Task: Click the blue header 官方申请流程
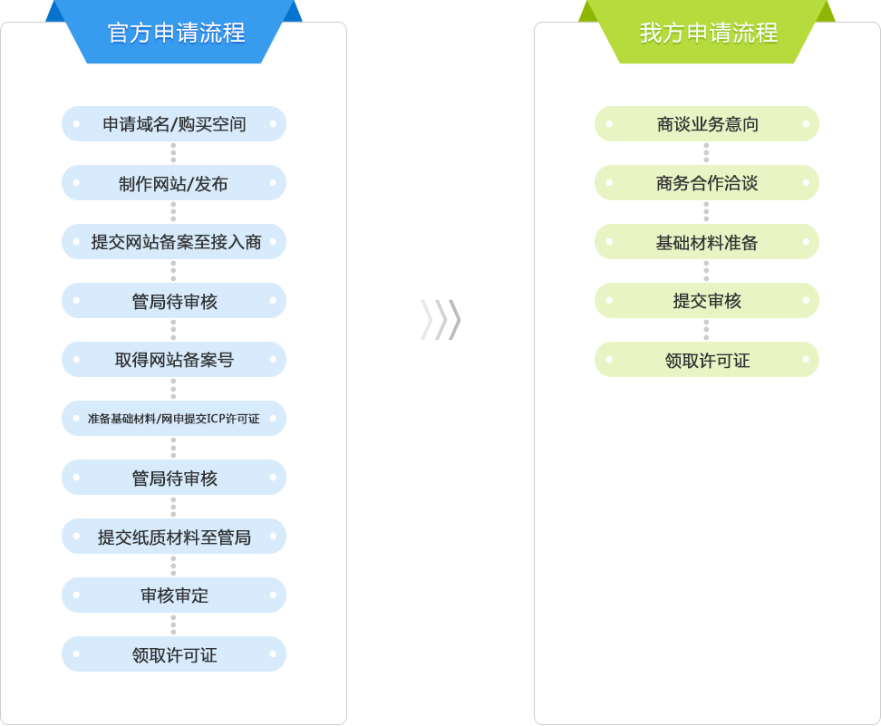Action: pos(174,32)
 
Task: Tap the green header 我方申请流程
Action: pos(707,32)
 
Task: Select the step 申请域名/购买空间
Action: pos(174,123)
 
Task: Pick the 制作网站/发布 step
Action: pos(174,182)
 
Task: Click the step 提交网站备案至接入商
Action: pos(174,242)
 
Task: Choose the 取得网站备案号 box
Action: pos(174,360)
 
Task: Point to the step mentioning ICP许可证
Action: pos(174,419)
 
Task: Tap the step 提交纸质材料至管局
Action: pos(174,537)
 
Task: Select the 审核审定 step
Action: pos(174,595)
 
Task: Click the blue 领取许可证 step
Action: pos(174,654)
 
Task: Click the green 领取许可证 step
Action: pos(707,360)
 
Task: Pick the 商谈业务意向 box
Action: pos(707,123)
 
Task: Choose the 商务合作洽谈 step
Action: pos(707,182)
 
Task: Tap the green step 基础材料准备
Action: pos(707,242)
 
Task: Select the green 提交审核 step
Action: pos(707,301)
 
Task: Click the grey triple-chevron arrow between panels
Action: pos(440,320)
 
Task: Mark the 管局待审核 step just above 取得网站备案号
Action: pos(174,301)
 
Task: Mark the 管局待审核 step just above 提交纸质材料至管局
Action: pos(174,478)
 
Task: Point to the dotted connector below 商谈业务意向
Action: pos(706,153)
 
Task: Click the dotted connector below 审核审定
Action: pos(173,624)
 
